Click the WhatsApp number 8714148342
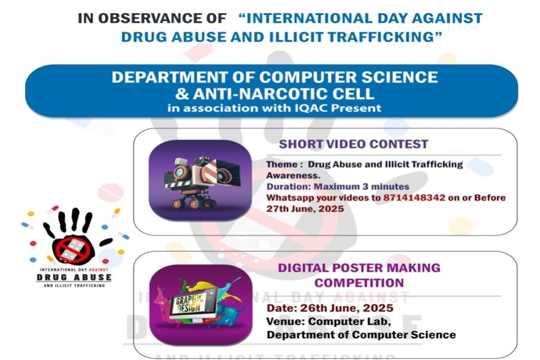tap(414, 198)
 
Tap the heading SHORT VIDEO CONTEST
tap(353, 144)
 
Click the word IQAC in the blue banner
tap(310, 108)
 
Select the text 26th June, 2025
tap(347, 308)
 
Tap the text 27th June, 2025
tap(305, 209)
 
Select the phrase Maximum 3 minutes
tap(362, 187)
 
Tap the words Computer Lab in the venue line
tap(349, 322)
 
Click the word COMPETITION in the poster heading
tap(359, 283)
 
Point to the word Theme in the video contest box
tap(282, 164)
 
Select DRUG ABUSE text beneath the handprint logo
tap(74, 278)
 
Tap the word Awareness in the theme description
tap(293, 175)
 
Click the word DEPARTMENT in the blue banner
tap(169, 77)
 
